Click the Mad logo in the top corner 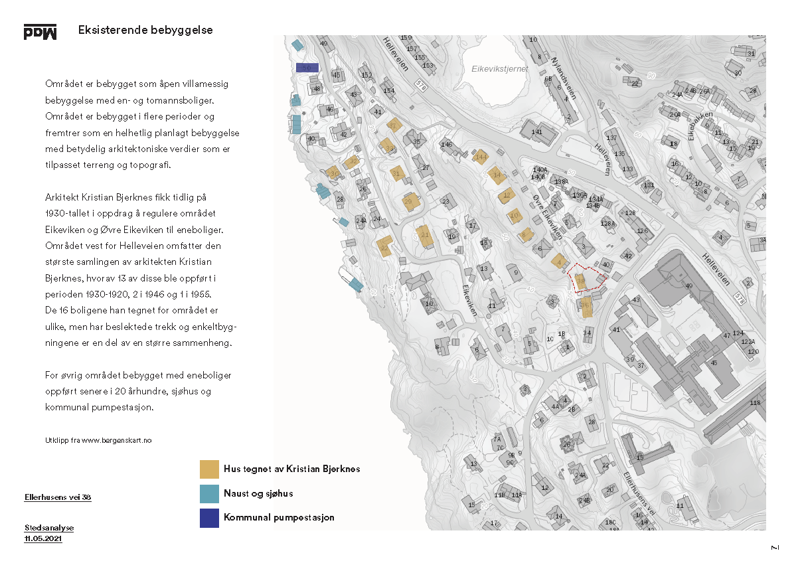point(40,32)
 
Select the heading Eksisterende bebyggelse point(145,31)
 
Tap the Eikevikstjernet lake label point(499,68)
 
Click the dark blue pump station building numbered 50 point(307,68)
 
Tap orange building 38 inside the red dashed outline point(580,282)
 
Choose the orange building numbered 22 point(384,247)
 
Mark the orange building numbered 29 point(408,201)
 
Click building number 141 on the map point(537,132)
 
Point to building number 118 point(755,403)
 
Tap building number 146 point(446,144)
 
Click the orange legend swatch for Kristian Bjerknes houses point(209,469)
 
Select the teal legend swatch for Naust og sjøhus point(209,493)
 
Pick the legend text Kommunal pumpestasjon point(279,517)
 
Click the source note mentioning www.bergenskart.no point(98,440)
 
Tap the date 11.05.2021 point(43,539)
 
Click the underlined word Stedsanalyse point(49,528)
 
